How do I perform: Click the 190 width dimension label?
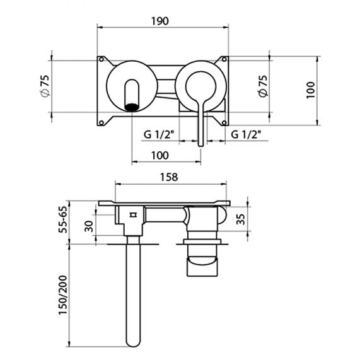pyautogui.click(x=160, y=21)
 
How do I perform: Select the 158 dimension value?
pyautogui.click(x=169, y=177)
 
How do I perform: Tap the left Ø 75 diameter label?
pyautogui.click(x=45, y=86)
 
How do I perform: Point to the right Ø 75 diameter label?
pyautogui.click(x=263, y=86)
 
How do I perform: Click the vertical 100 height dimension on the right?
pyautogui.click(x=311, y=90)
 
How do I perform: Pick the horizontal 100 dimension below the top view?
pyautogui.click(x=160, y=156)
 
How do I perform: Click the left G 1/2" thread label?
pyautogui.click(x=159, y=134)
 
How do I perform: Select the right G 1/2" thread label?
pyautogui.click(x=246, y=134)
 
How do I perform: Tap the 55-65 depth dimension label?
pyautogui.click(x=63, y=219)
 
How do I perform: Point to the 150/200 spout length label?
pyautogui.click(x=63, y=295)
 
